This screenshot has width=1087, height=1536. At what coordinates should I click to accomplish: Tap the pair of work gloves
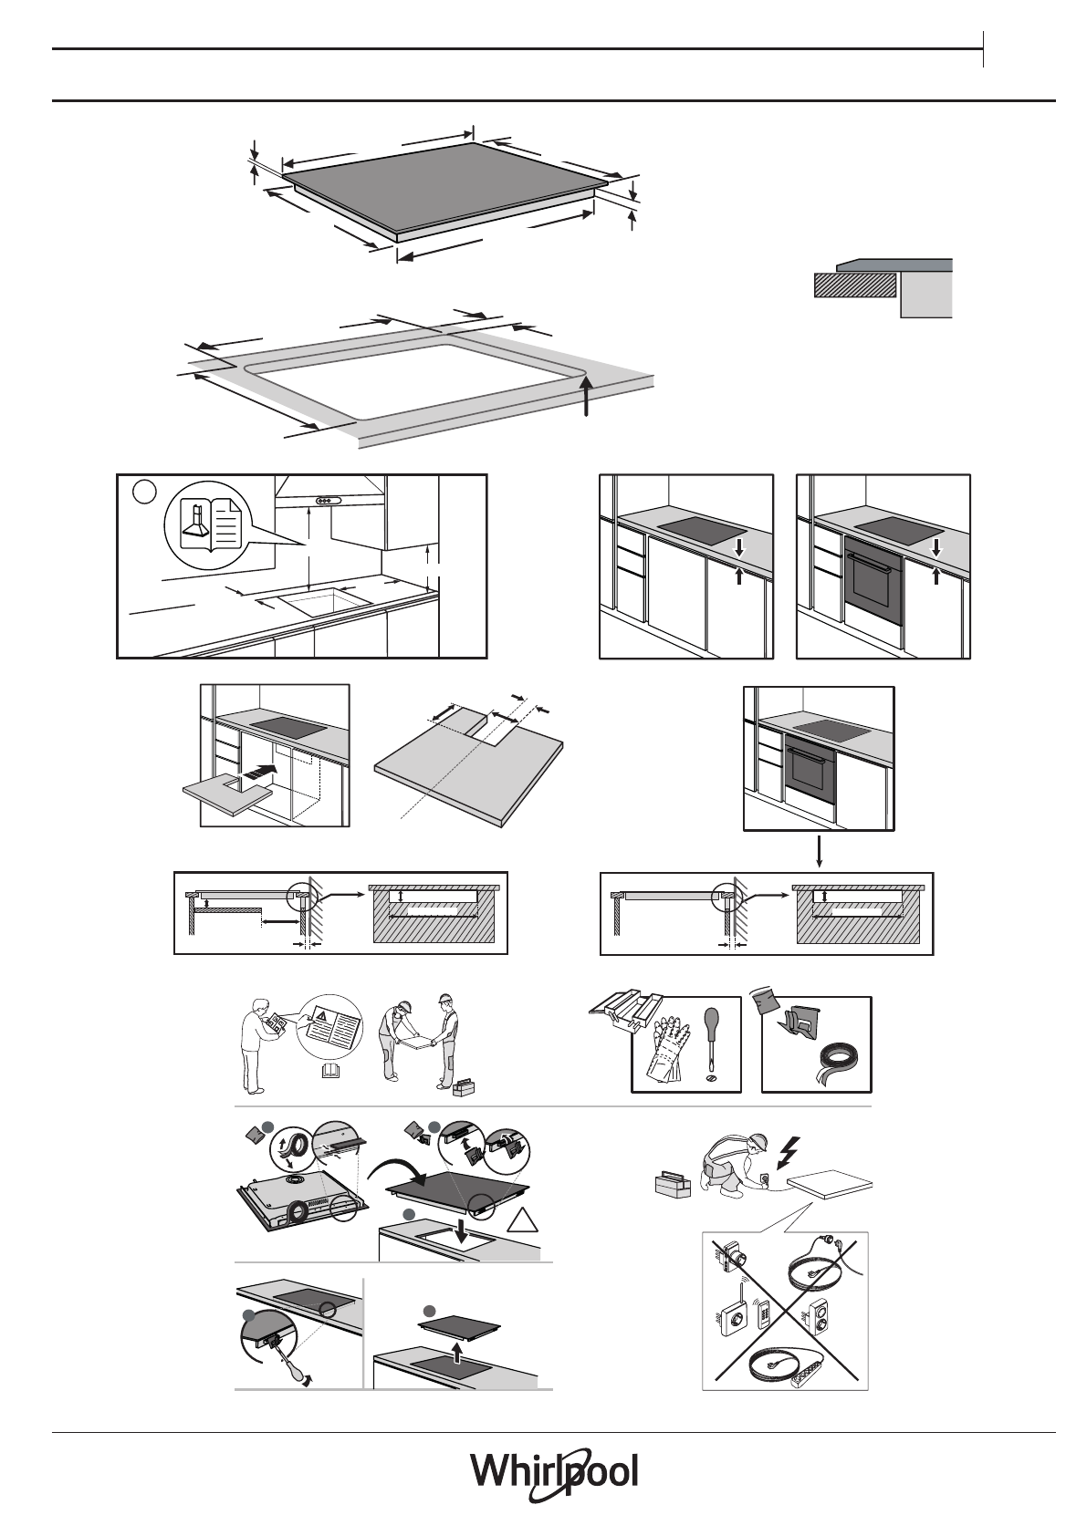(x=667, y=1049)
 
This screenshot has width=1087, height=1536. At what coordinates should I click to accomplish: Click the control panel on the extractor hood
(x=326, y=499)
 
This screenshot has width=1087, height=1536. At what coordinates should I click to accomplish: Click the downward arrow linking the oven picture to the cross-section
(x=820, y=850)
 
